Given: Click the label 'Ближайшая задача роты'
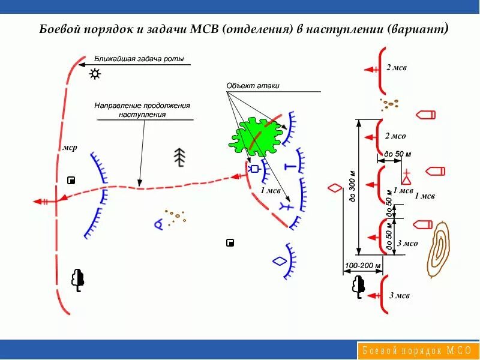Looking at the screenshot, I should pos(139,59).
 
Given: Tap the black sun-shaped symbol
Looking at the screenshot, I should pos(95,74).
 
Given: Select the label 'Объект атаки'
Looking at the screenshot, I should pos(253,86).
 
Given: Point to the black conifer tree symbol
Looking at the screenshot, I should pos(179,157).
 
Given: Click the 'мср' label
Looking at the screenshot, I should pos(70,148).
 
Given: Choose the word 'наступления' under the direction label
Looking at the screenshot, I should pos(142,113).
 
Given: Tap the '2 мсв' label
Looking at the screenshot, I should pos(396,68).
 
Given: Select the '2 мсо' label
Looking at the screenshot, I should pos(395,136).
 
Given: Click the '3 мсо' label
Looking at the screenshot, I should pos(407,244).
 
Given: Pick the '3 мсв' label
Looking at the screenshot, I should pos(399,295).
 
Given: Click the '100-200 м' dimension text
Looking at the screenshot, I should pos(363,265).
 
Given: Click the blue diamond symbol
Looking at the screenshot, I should pos(279,262).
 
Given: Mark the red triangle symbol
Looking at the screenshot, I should pos(406,178).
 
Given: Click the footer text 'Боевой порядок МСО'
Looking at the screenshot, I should pos(418,350).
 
